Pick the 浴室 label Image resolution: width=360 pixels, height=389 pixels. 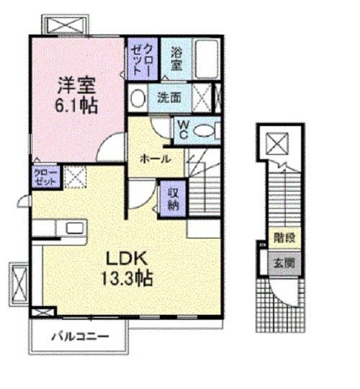click(x=175, y=58)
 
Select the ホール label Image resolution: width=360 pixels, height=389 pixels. click(x=156, y=158)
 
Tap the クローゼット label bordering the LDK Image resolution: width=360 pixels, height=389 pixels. click(x=41, y=176)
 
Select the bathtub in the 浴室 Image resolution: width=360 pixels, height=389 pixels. click(x=207, y=56)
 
